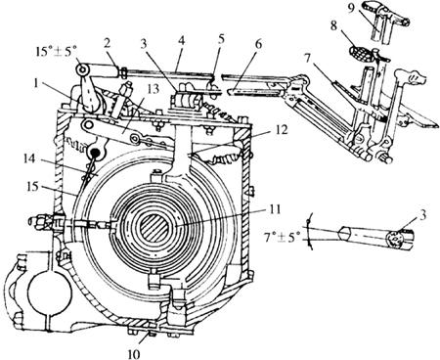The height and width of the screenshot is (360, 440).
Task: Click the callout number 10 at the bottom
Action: point(134,353)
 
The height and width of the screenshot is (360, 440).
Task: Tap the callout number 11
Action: point(275,209)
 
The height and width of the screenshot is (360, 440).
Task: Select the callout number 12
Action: point(282,130)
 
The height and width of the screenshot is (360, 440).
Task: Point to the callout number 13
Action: point(154,89)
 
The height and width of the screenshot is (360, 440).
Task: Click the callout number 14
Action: point(29,159)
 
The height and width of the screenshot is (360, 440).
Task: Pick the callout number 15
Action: point(32,187)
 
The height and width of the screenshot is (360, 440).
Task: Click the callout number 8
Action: point(333,25)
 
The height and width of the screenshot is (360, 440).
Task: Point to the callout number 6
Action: point(258,44)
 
